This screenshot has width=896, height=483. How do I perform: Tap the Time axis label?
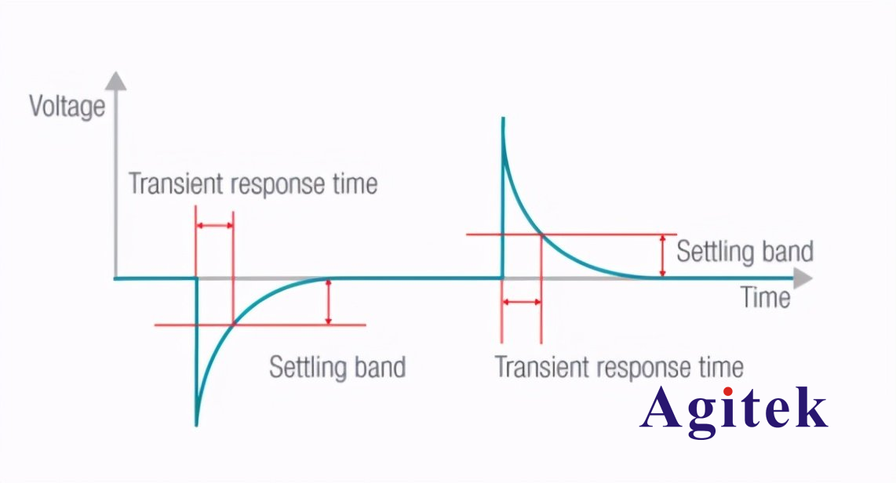765,297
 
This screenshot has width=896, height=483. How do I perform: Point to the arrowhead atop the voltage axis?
116,81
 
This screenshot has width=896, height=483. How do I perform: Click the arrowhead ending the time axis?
803,278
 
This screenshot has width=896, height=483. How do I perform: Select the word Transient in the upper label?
176,183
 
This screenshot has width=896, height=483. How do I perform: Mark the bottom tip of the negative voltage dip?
197,425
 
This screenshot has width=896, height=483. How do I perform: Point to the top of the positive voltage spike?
503,118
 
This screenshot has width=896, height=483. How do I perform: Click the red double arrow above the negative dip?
214,226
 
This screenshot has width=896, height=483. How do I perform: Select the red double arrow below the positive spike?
521,302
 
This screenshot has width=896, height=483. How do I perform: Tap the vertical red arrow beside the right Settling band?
662,256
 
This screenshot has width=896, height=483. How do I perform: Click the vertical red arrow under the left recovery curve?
328,302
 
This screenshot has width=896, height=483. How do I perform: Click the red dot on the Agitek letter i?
728,391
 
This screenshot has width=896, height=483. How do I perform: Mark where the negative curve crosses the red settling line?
233,325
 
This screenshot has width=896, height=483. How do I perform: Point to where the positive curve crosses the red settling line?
541,234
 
